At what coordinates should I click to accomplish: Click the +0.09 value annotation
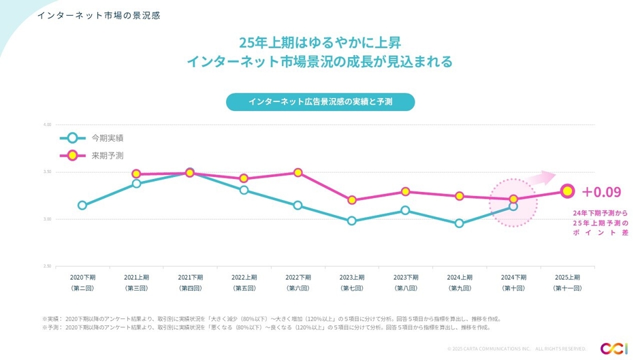[601, 191]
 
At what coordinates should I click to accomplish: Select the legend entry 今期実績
[108, 137]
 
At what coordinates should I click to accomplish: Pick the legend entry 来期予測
[108, 155]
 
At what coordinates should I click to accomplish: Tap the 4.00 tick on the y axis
[48, 125]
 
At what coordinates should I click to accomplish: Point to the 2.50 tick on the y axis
[48, 266]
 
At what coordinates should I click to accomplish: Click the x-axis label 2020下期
[82, 277]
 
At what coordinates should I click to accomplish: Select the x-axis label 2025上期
[567, 277]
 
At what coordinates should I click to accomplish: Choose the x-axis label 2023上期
[352, 277]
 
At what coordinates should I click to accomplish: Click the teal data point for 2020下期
[82, 205]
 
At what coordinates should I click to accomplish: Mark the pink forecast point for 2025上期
[566, 191]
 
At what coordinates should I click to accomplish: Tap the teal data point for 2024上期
[460, 223]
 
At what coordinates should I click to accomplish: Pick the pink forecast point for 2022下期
[298, 172]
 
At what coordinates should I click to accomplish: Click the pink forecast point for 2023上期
[352, 200]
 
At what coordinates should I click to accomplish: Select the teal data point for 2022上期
[244, 190]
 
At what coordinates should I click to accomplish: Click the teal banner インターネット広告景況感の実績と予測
[320, 102]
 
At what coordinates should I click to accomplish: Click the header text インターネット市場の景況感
[99, 15]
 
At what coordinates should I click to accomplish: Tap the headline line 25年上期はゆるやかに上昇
[319, 42]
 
